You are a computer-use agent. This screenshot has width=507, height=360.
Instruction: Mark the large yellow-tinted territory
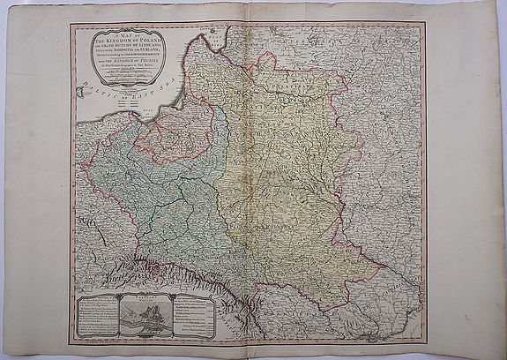282,176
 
